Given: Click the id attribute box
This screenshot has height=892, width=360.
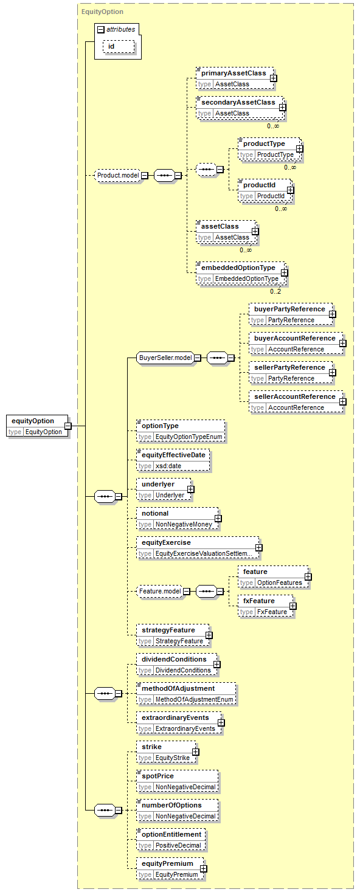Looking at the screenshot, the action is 119,47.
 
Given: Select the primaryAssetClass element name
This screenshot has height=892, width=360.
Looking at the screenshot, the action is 234,74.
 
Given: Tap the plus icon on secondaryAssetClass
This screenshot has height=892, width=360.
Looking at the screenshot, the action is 282,108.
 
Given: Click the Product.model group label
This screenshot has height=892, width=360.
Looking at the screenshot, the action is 118,175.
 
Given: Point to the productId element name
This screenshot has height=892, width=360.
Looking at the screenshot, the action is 259,185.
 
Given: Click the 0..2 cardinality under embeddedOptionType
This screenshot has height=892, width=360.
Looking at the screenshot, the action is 275,291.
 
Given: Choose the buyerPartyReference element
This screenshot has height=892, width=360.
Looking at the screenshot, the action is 291,314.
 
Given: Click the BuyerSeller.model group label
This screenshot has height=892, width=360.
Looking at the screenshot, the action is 165,358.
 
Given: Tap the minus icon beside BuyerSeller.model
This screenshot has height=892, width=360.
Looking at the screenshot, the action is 198,358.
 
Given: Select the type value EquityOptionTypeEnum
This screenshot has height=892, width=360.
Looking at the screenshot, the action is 189,437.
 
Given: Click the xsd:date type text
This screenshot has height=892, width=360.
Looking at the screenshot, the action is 168,466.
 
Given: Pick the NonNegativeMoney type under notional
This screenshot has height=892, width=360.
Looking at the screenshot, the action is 184,525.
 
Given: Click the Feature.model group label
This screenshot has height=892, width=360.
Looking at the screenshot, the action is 160,592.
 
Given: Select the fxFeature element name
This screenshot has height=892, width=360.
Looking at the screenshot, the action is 259,601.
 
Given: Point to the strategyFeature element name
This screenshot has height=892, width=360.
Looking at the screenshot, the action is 168,630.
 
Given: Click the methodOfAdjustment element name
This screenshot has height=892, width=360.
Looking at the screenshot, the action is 178,688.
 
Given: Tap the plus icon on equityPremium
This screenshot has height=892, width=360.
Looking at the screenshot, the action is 204,868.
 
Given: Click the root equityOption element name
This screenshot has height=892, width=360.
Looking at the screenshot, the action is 33,421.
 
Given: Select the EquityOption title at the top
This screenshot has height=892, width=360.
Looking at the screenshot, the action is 102,12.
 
